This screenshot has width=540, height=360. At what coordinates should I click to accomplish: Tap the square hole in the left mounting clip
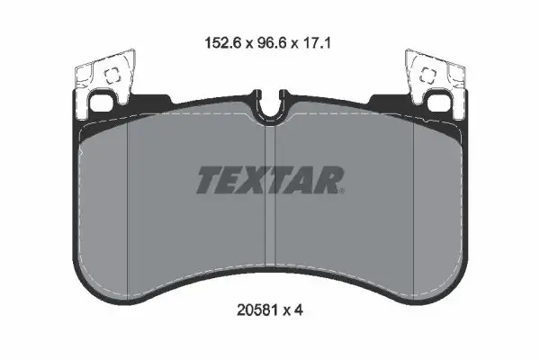[112, 77]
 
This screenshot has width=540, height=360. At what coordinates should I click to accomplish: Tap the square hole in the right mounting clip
[427, 77]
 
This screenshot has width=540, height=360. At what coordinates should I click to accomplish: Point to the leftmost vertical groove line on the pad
[130, 198]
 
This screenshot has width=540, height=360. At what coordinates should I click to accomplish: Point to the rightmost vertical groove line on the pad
[412, 198]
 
